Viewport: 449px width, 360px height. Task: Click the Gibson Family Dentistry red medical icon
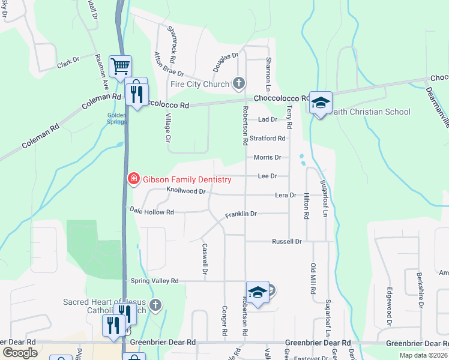point(133,179)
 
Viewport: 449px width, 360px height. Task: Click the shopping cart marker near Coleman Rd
point(120,65)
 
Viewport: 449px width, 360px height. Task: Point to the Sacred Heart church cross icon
point(155,305)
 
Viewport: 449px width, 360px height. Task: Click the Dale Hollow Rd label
point(152,211)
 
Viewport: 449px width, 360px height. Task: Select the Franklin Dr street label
point(241,214)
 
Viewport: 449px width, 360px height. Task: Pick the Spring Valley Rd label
point(155,280)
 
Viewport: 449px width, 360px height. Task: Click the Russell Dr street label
point(286,241)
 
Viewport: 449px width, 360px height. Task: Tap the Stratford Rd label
point(268,138)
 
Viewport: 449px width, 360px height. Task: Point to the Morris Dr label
point(268,157)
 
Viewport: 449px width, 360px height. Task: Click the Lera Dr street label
point(285,195)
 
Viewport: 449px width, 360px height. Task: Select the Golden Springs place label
point(116,118)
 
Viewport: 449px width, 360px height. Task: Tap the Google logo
point(20,353)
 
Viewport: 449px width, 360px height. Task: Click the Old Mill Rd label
point(313,278)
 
